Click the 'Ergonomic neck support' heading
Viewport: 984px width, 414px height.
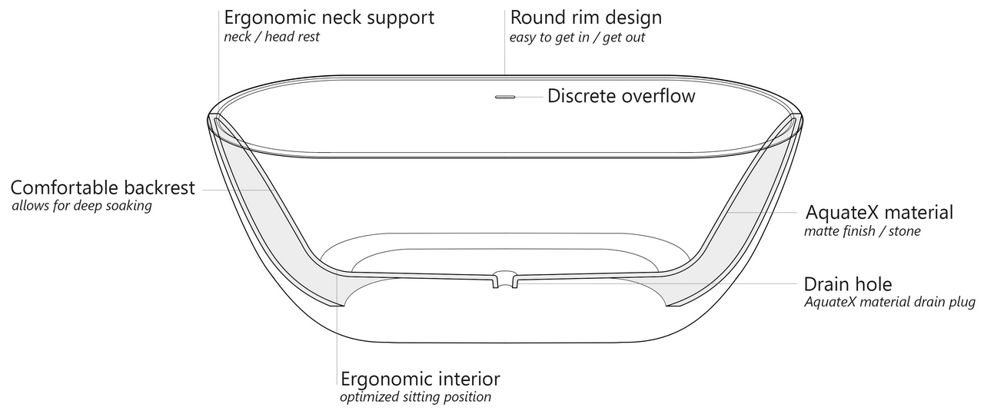pos(329,17)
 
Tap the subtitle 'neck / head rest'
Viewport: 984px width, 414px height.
pos(271,37)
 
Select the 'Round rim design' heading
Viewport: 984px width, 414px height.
pos(586,17)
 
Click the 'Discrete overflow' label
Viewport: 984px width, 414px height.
pos(621,96)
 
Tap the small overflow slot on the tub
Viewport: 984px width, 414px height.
pos(505,98)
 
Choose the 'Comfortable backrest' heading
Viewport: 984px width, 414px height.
pos(103,187)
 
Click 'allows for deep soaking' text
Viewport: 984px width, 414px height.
pos(81,207)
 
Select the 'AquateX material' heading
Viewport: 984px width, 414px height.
pos(879,212)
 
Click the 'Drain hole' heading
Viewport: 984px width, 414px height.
pos(848,283)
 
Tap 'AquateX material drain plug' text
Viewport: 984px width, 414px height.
pos(889,303)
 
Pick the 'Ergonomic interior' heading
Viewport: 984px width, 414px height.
pos(421,379)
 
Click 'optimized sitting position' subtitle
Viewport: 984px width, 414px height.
pos(415,397)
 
